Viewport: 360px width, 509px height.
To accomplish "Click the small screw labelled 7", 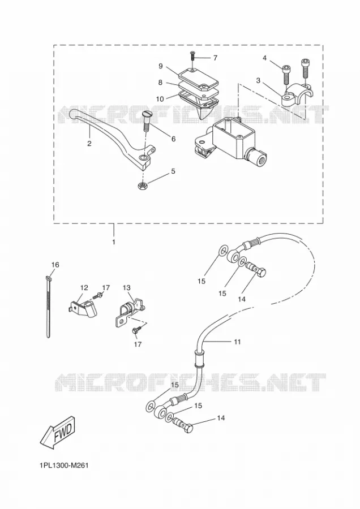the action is tap(192, 56).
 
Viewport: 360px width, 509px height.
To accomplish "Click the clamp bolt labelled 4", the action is tap(286, 74).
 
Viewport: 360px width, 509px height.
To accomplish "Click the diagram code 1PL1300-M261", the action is tap(64, 465).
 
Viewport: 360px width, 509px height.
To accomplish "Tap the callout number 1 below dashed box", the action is tap(113, 242).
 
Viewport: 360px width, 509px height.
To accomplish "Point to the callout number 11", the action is tap(237, 342).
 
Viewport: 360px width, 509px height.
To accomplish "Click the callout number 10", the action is tap(160, 99).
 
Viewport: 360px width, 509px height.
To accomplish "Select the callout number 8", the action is tap(160, 83).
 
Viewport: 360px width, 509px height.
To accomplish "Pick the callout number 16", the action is tap(55, 265).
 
